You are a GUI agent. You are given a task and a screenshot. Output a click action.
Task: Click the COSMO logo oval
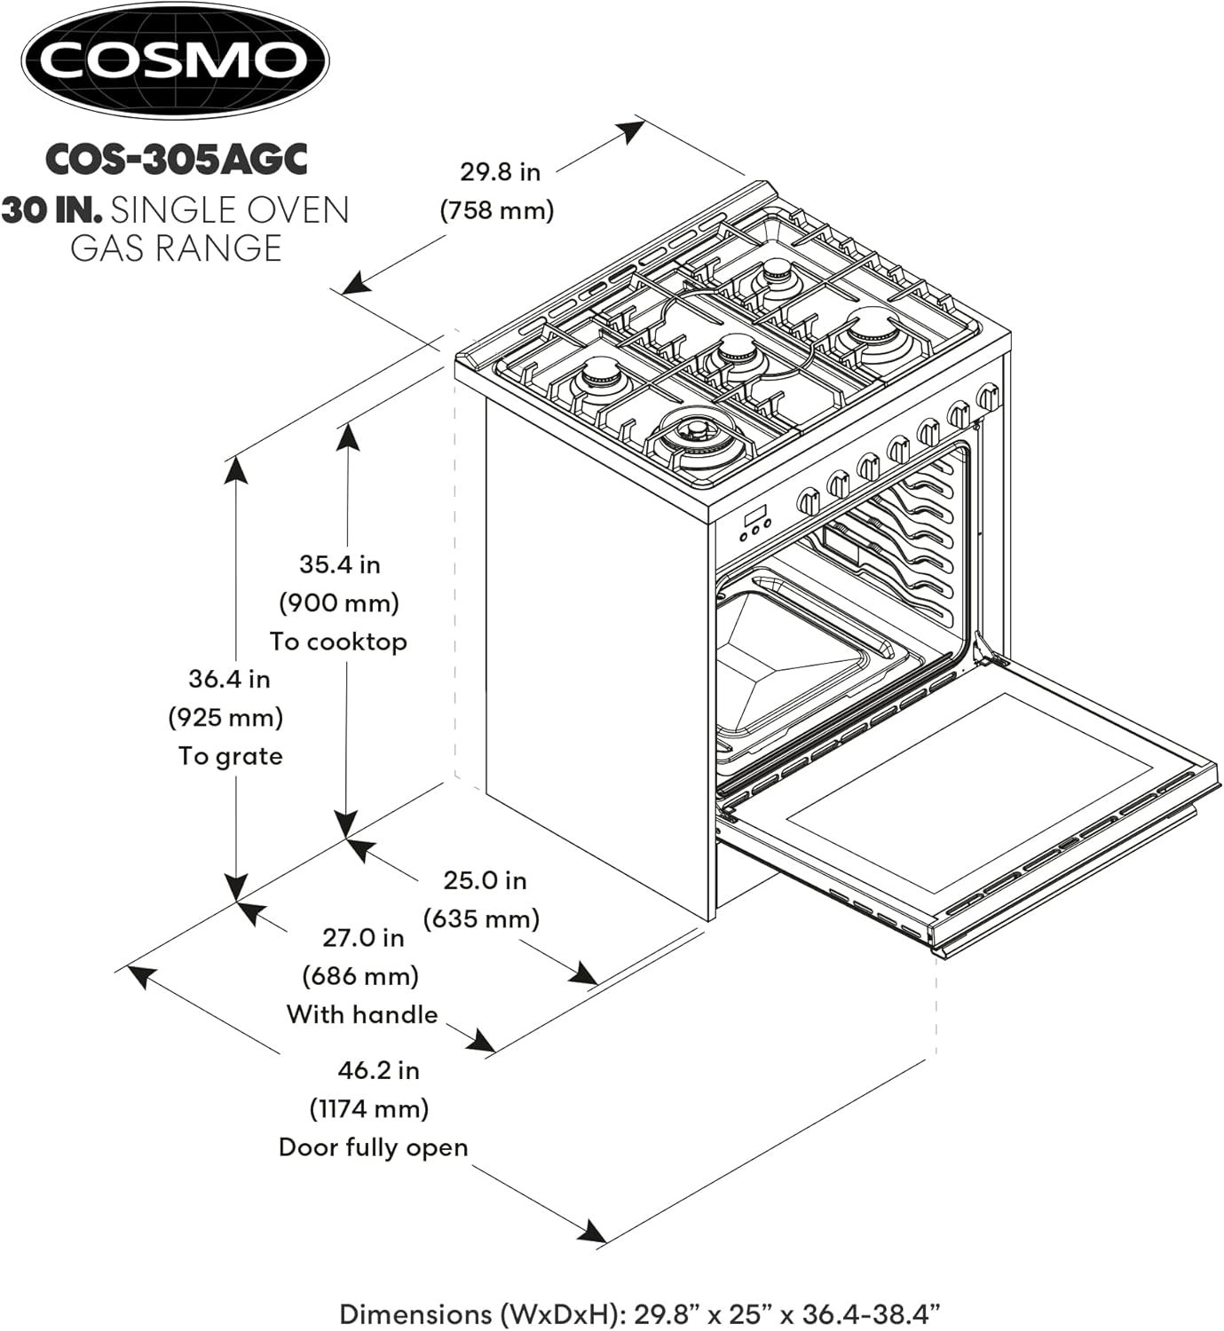pyautogui.click(x=175, y=61)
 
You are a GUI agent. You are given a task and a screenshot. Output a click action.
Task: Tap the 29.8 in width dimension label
pyautogui.click(x=500, y=171)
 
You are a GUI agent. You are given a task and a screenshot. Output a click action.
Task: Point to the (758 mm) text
pyautogui.click(x=497, y=210)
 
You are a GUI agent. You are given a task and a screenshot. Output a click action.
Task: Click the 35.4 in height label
pyautogui.click(x=339, y=564)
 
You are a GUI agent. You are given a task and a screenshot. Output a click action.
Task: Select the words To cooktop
pyautogui.click(x=338, y=642)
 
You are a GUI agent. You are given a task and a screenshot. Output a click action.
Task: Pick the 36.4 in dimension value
pyautogui.click(x=229, y=679)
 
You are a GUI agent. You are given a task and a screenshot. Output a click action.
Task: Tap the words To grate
pyautogui.click(x=230, y=756)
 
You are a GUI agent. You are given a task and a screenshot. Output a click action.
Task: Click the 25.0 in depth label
pyautogui.click(x=485, y=880)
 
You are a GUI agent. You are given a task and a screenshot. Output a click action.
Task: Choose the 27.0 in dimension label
pyautogui.click(x=362, y=938)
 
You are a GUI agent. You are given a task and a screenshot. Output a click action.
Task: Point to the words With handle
pyautogui.click(x=362, y=1014)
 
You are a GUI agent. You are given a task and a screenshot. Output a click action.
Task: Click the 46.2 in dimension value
pyautogui.click(x=378, y=1070)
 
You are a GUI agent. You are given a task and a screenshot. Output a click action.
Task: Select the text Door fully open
pyautogui.click(x=373, y=1147)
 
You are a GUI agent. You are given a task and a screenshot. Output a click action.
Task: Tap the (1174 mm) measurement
pyautogui.click(x=369, y=1109)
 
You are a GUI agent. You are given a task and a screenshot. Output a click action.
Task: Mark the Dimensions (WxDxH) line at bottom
pyautogui.click(x=639, y=1313)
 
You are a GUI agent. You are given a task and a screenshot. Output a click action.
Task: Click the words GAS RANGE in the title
pyautogui.click(x=176, y=248)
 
